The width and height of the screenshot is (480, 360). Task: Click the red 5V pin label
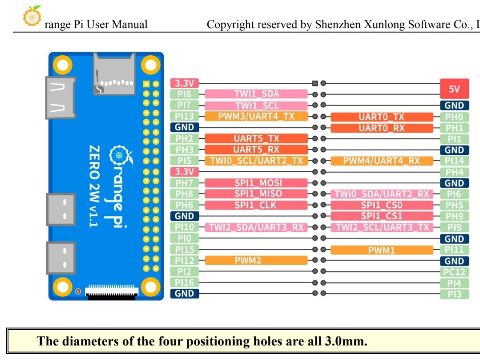pos(454,89)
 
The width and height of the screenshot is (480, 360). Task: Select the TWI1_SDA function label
pos(256,94)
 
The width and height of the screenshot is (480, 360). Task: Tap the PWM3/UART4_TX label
pos(256,117)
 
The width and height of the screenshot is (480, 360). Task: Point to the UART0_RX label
pos(382,128)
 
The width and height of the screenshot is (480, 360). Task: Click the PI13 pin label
pos(185,117)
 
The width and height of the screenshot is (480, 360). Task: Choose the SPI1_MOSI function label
pos(256,183)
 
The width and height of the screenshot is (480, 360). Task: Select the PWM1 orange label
pos(382,250)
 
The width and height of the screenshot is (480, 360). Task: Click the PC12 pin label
pos(454,272)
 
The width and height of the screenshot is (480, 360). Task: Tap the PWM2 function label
pos(256,260)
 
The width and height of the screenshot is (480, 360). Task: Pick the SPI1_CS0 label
pos(382,205)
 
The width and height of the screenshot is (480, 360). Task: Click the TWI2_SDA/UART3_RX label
pos(256,227)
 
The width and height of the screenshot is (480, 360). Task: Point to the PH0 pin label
pos(454,117)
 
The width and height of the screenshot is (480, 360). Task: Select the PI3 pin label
pos(454,294)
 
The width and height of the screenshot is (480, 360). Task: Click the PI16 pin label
pos(185,283)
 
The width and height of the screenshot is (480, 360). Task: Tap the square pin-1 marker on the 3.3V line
pos(315,83)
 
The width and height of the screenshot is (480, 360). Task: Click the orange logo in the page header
pos(32,16)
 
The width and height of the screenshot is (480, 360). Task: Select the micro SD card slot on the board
pos(114,74)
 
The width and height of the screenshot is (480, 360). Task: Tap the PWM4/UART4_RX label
pos(382,161)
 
